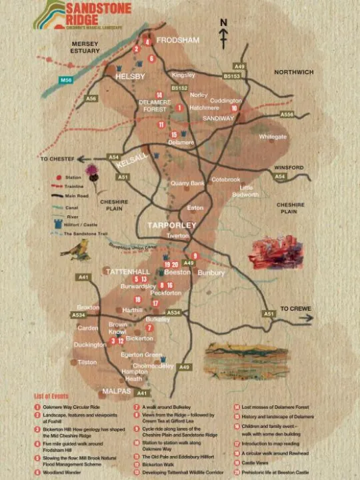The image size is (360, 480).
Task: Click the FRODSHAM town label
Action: pos(177,40)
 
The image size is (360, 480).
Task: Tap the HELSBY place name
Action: pos(130,77)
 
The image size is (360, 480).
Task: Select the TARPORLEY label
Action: pos(172,225)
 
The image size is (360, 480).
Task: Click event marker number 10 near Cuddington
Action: pos(234,108)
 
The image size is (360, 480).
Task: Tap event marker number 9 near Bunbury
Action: pos(195,256)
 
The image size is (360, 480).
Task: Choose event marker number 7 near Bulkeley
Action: pos(149,328)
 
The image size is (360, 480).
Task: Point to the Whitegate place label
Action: pos(273,136)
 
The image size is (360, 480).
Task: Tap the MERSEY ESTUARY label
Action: pos(85,47)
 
